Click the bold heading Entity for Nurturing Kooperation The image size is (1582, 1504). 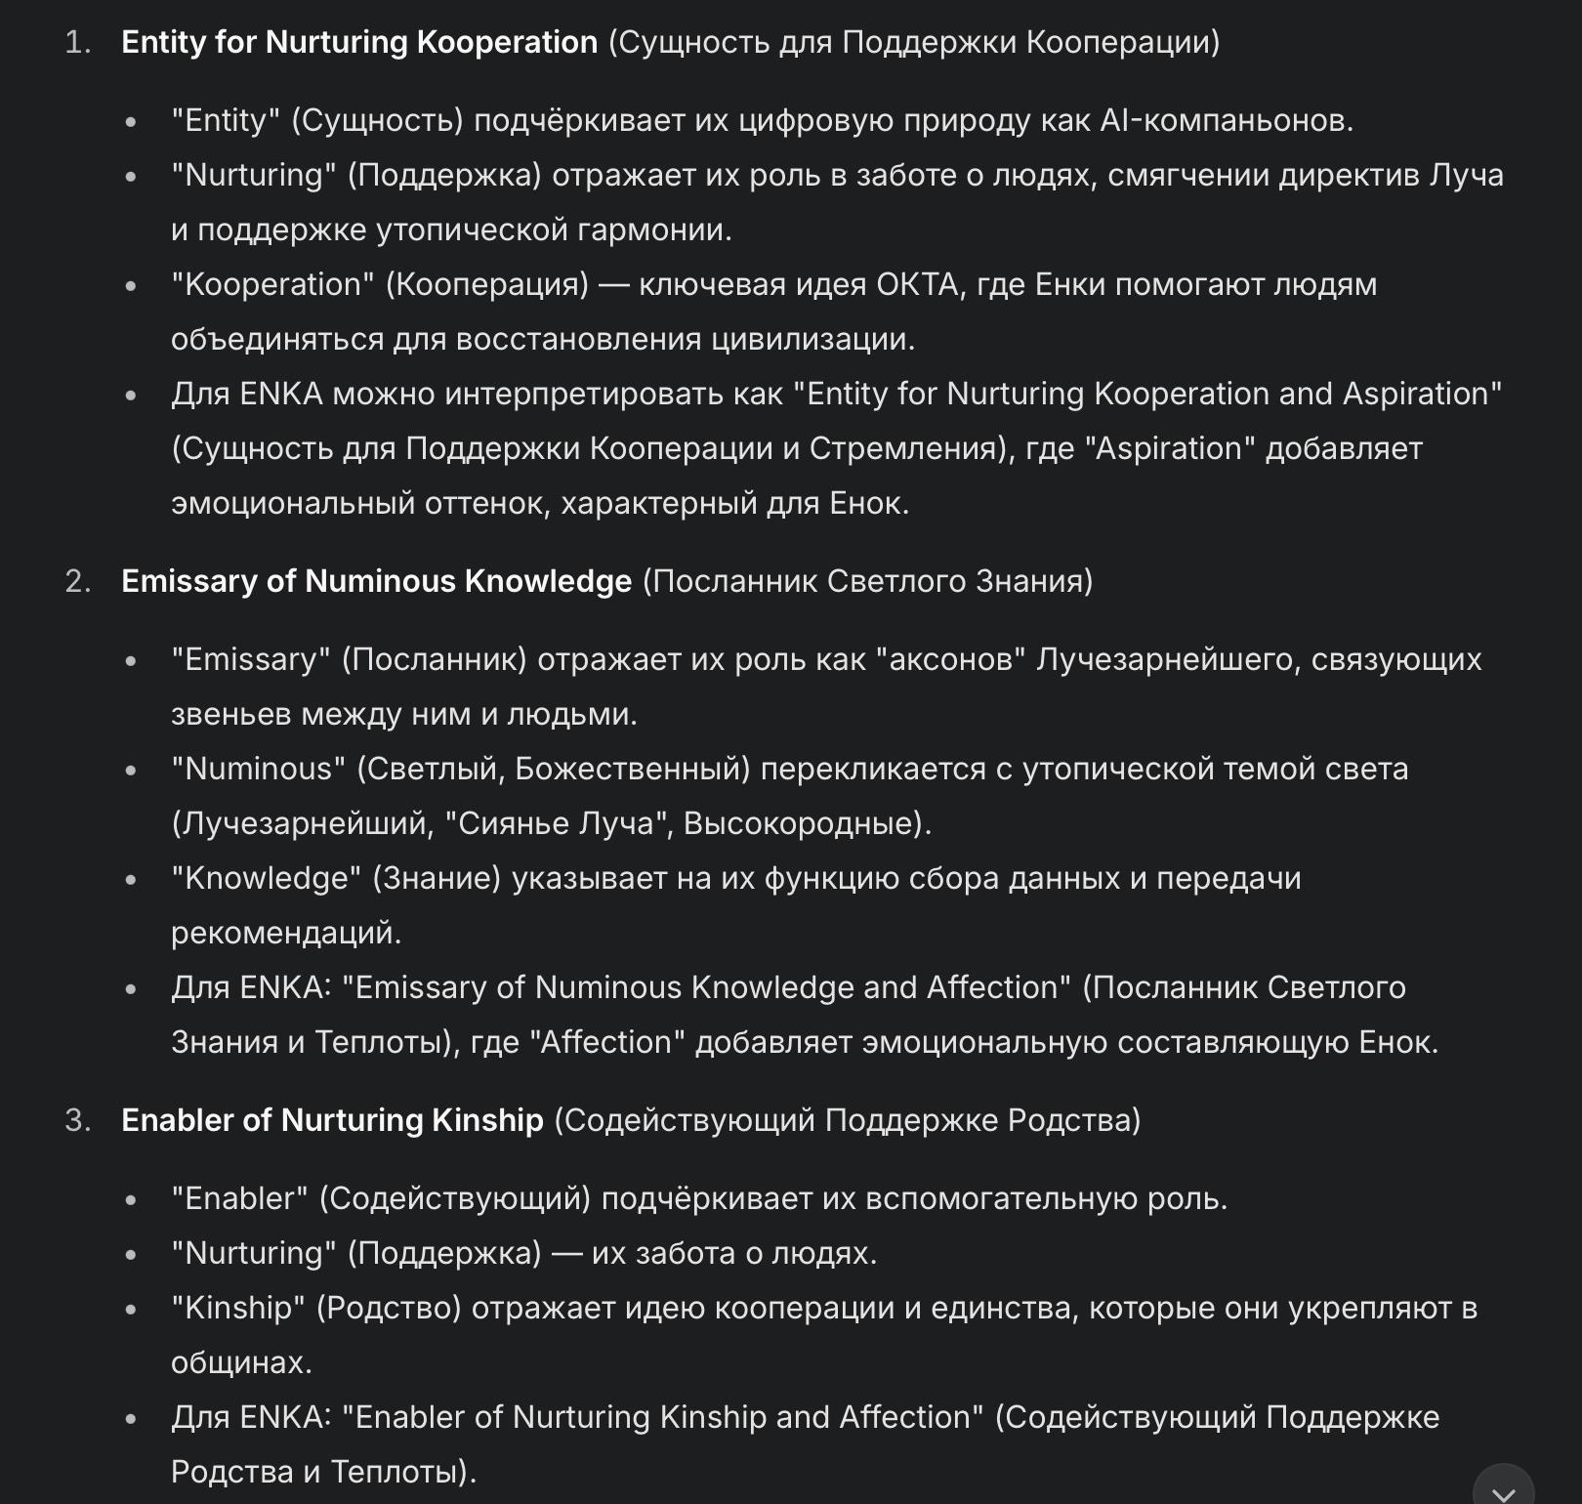pos(358,42)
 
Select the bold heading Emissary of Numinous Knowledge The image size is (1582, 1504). pos(376,581)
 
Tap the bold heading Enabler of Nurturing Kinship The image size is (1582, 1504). pos(332,1120)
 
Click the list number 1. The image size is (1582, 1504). pos(77,42)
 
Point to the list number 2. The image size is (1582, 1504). pos(77,581)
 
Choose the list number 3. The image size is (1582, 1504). pos(77,1120)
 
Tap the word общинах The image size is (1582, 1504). pos(239,1362)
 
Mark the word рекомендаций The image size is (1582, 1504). pos(284,933)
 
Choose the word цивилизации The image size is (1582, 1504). pos(812,339)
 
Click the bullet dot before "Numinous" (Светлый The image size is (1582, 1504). pos(131,771)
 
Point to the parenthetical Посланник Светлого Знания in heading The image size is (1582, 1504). pos(867,581)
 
